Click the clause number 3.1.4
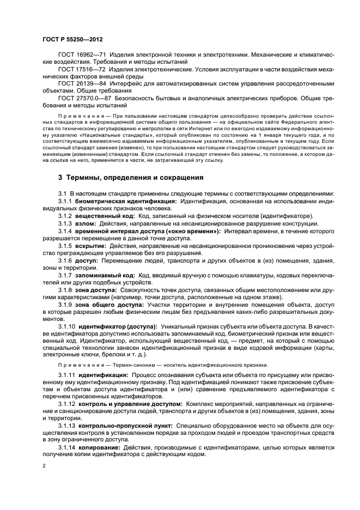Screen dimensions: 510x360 click(65, 232)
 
